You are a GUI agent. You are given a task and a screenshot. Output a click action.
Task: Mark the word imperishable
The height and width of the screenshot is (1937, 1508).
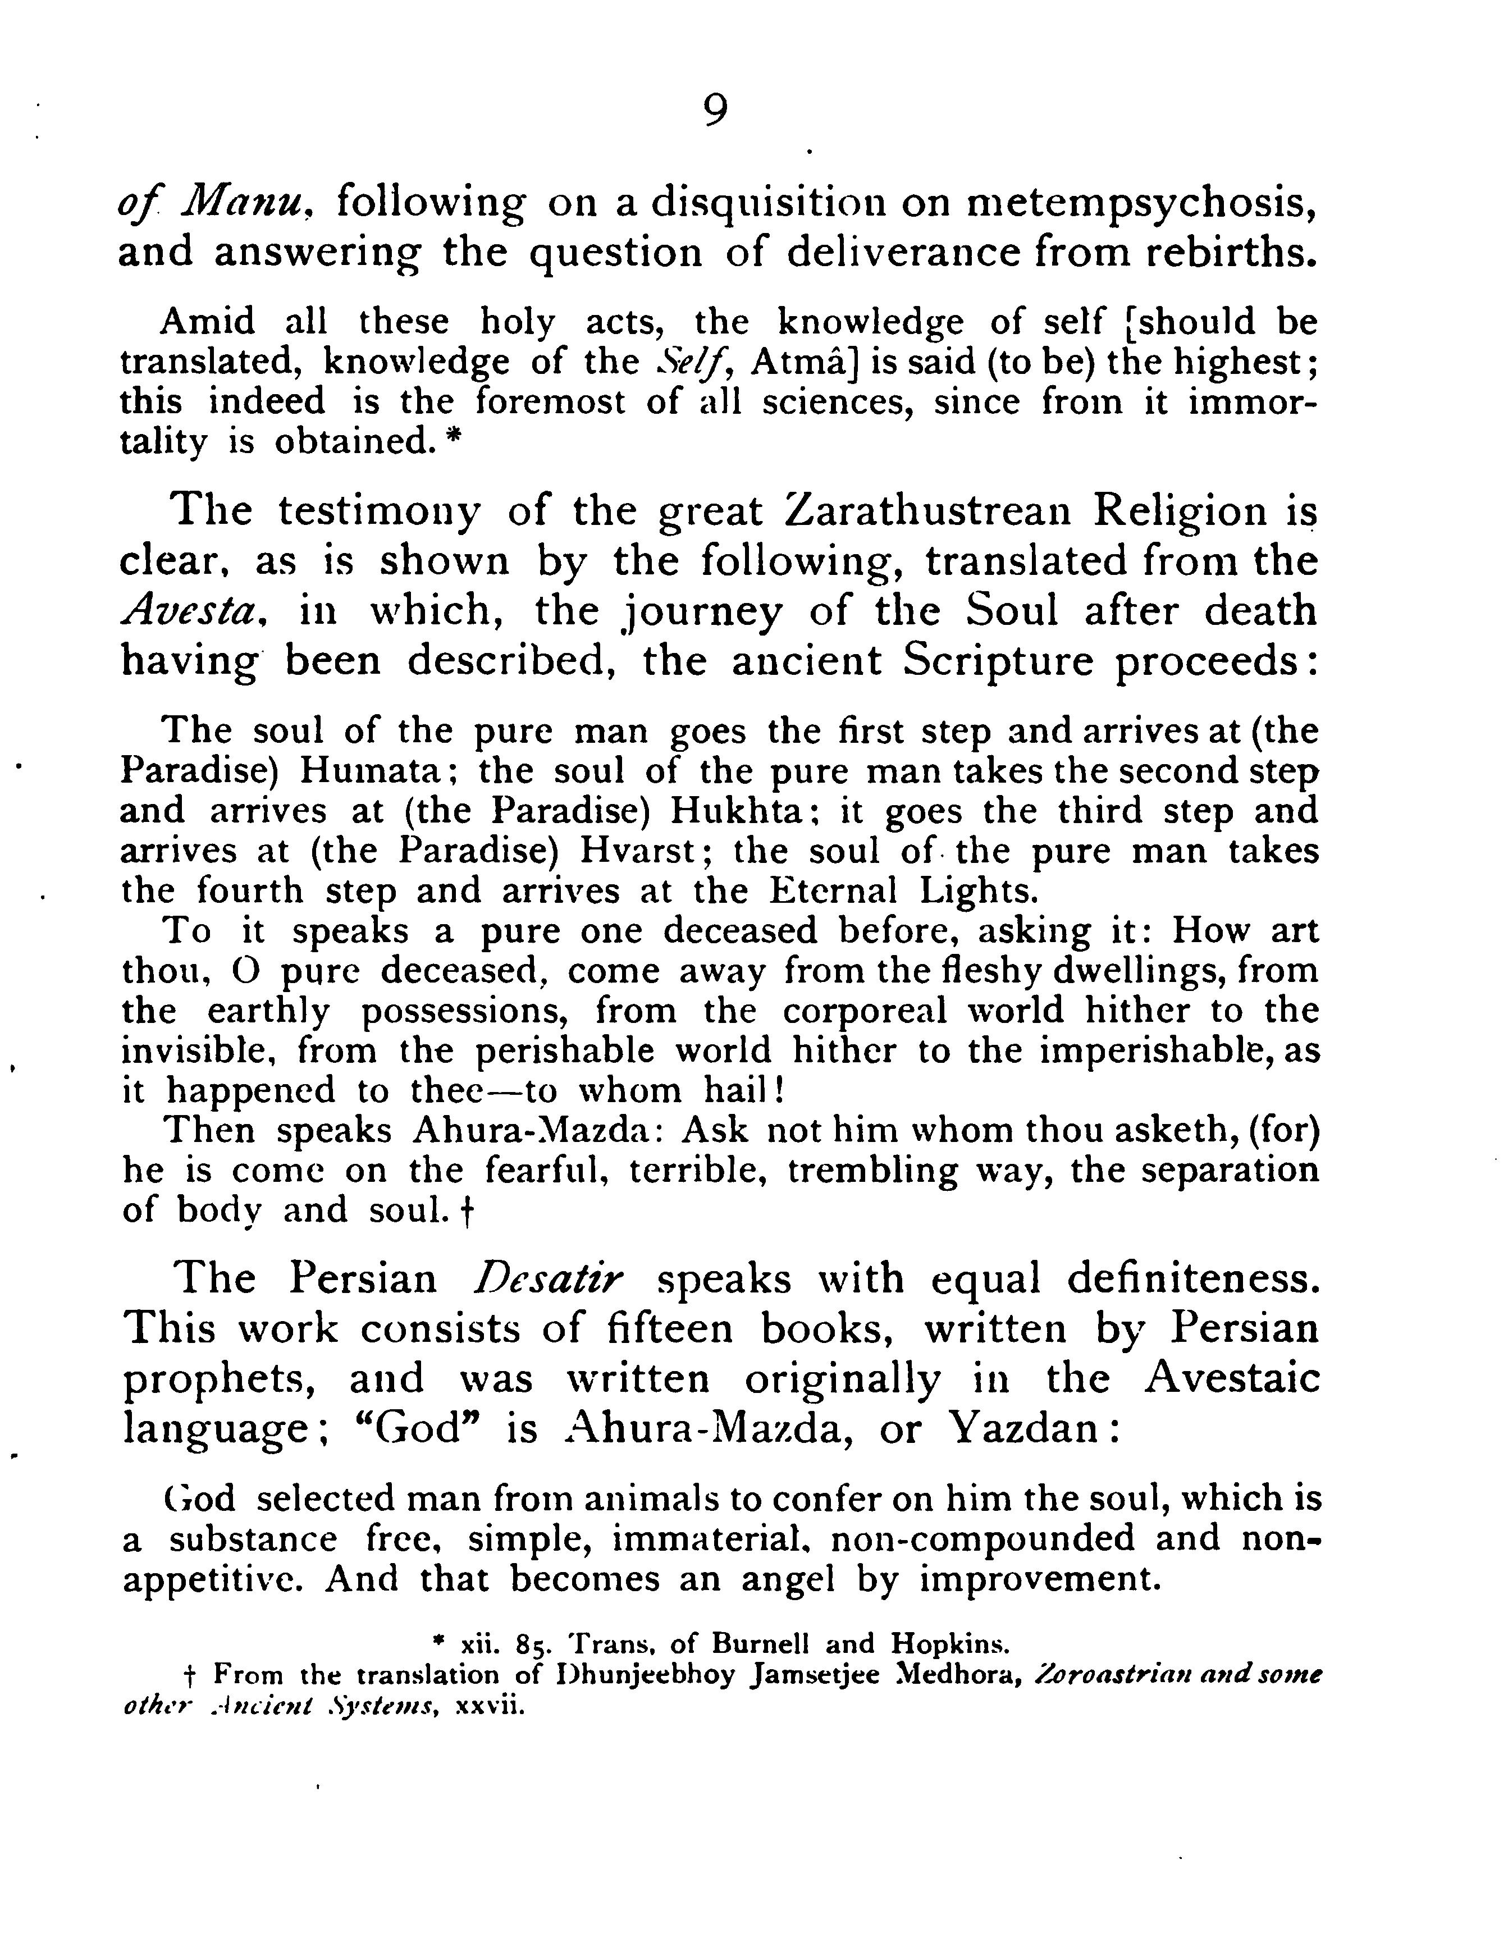(1158, 1051)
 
